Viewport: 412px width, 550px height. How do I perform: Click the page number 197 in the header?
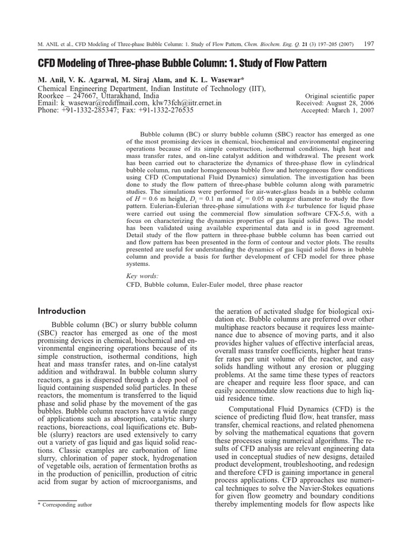click(368, 44)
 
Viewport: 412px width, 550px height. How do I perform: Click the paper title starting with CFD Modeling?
click(182, 63)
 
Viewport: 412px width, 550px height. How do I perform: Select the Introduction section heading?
click(62, 311)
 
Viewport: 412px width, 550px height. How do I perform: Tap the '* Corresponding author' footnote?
click(62, 504)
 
